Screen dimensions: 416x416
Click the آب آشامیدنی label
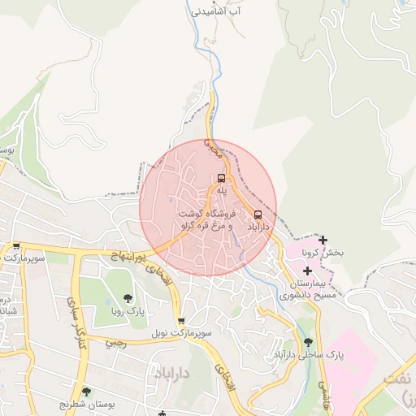[x=215, y=12]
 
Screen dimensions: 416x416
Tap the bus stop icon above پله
[x=220, y=178]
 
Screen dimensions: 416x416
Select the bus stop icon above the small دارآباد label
[x=258, y=214]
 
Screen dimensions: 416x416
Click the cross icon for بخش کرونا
[x=323, y=240]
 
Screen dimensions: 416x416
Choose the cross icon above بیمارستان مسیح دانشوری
[x=307, y=269]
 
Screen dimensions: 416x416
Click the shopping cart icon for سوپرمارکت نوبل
[x=180, y=321]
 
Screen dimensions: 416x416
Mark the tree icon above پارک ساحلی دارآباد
[x=307, y=343]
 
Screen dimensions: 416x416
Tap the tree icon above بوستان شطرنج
[x=86, y=392]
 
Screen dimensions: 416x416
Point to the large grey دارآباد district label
[x=171, y=374]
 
